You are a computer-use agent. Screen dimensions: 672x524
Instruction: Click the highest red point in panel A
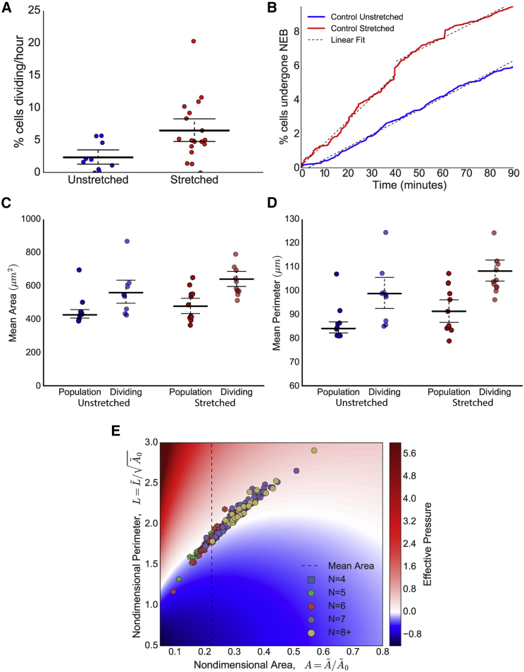(x=193, y=42)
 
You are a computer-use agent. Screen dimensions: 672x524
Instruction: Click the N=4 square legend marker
(x=311, y=559)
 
